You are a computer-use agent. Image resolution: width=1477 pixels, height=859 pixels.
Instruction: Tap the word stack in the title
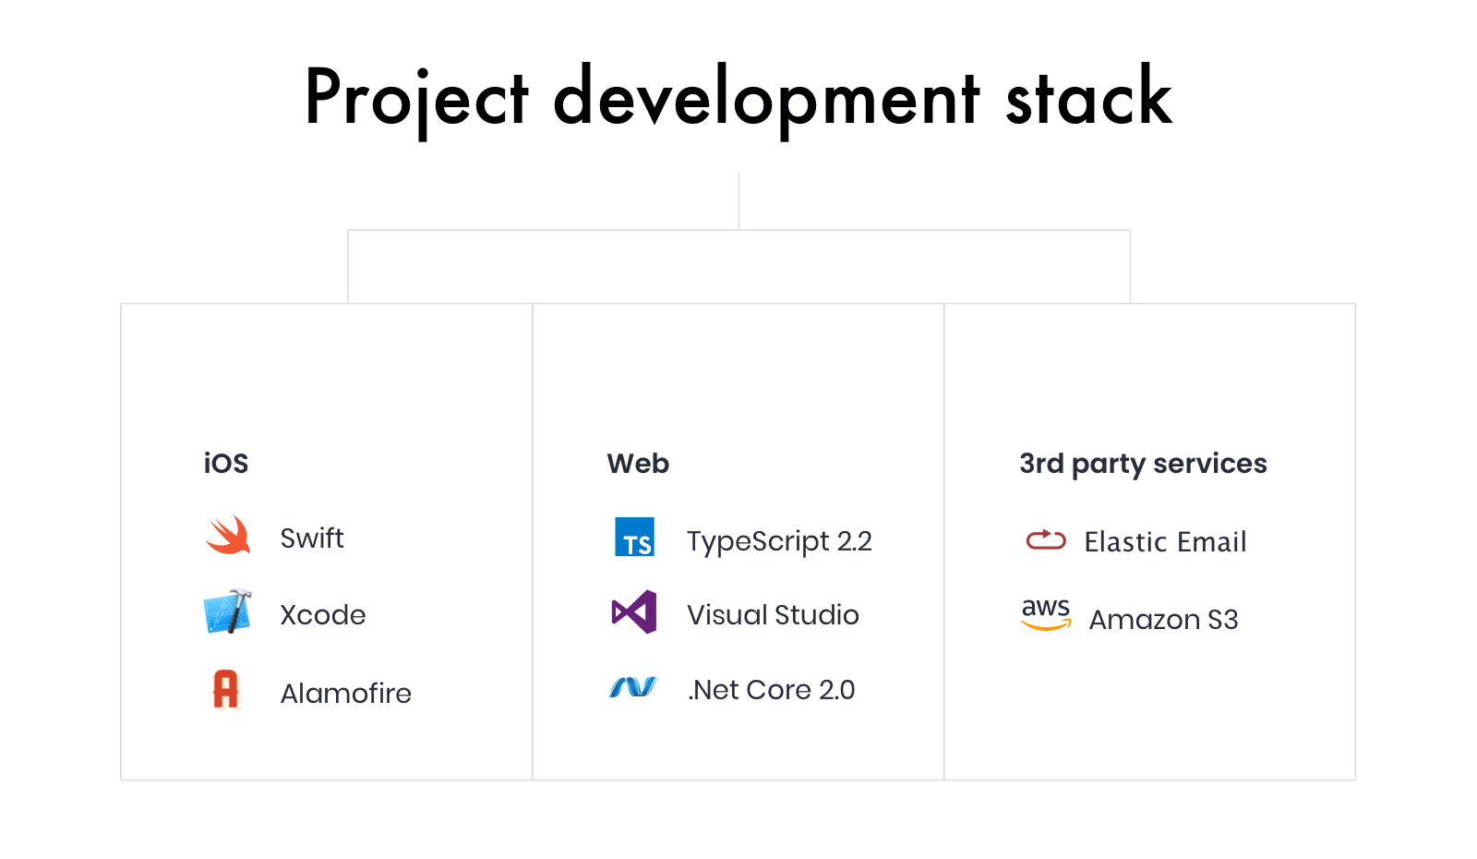[1089, 96]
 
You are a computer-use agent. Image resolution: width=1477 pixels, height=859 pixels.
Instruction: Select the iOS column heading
[225, 463]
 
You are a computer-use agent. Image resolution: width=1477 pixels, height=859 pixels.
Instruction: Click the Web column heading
[638, 463]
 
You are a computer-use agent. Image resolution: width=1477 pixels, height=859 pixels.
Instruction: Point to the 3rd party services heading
[1143, 464]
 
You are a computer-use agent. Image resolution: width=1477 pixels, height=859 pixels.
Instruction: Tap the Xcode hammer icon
[227, 611]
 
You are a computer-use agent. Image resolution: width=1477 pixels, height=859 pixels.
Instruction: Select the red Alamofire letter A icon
[226, 690]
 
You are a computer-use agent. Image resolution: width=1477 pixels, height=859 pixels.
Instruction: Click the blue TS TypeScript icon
[634, 537]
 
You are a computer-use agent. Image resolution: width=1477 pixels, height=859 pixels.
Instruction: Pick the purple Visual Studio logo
[634, 612]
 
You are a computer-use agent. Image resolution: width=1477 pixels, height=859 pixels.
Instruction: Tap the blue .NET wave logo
[633, 687]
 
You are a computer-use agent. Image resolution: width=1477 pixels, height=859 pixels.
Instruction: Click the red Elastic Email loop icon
[1046, 539]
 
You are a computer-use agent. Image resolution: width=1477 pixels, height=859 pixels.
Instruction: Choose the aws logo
[1046, 614]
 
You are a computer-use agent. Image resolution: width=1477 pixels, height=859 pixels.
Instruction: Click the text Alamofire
[345, 694]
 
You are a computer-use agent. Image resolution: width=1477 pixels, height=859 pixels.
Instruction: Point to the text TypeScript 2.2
[779, 541]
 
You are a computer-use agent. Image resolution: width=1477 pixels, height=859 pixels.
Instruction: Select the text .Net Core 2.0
[771, 690]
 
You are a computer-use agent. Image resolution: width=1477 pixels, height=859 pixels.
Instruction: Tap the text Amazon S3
[1163, 620]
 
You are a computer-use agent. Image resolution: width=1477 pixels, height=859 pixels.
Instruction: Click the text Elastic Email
[1165, 541]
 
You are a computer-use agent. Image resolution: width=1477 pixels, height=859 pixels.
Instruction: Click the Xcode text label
[322, 615]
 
